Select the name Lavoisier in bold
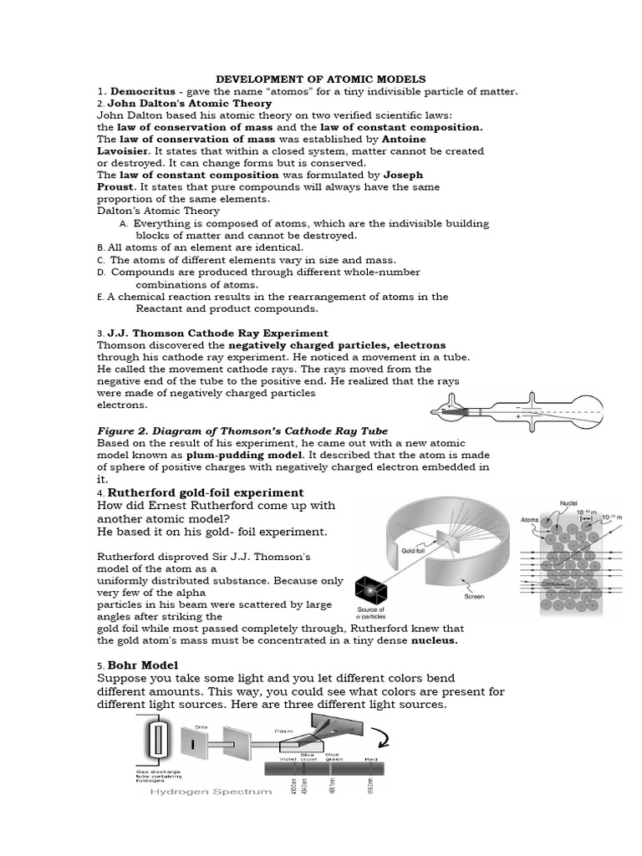click(125, 151)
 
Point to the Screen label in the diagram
click(475, 597)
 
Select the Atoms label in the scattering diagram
click(530, 518)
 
